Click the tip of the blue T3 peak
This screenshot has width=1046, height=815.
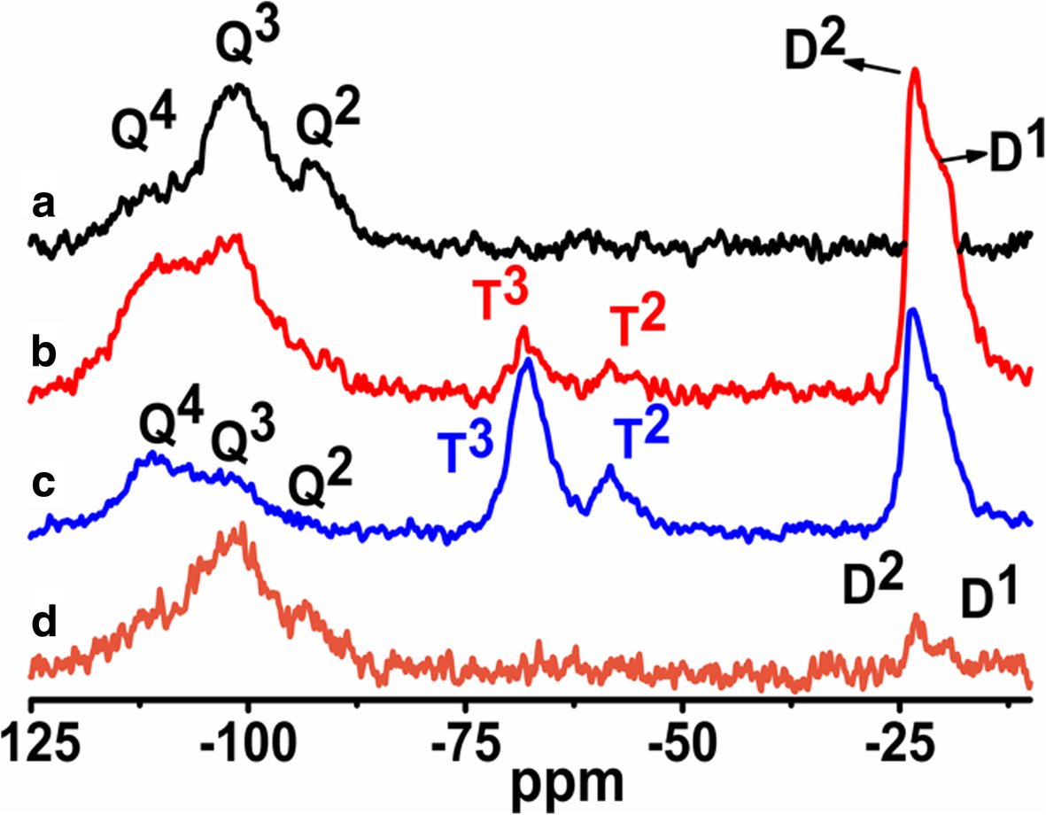528,359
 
